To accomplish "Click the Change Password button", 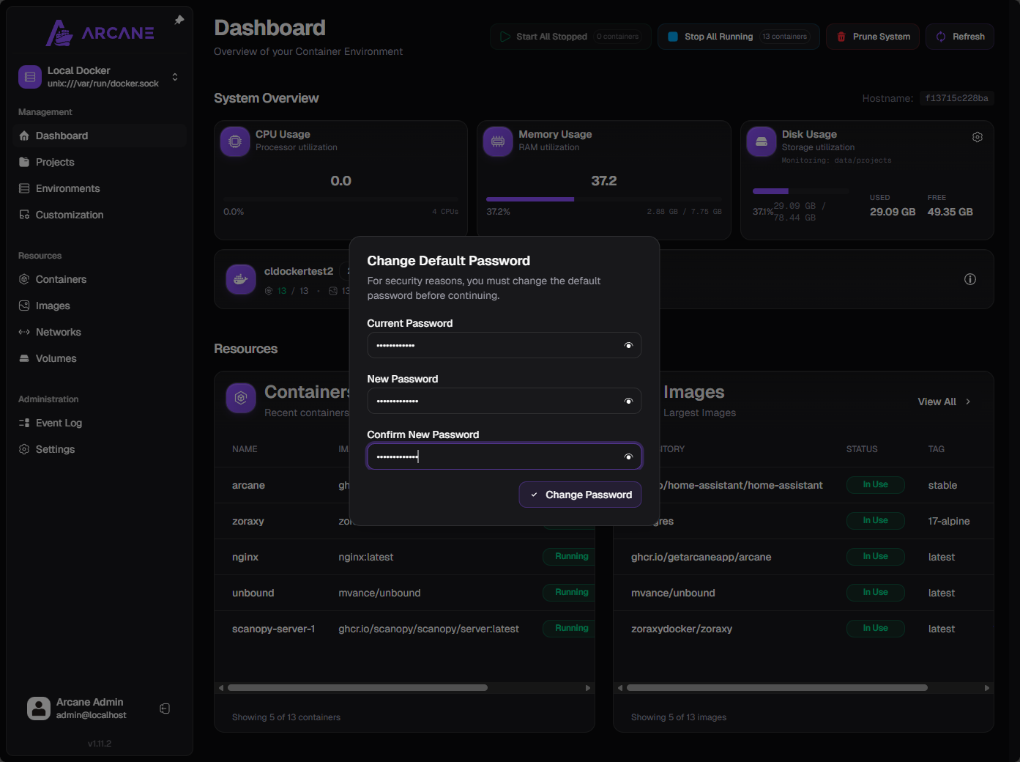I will (580, 495).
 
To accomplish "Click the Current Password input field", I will (494, 345).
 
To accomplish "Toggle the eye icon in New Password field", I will (628, 401).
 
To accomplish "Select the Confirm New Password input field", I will (494, 456).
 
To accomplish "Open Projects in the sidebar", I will (55, 162).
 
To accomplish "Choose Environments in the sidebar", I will (67, 188).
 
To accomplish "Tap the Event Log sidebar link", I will (59, 423).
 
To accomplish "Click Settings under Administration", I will (55, 449).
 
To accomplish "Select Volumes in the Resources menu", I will (56, 358).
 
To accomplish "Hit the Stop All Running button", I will (738, 37).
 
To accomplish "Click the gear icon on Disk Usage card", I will (977, 137).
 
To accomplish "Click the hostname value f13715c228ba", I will (956, 98).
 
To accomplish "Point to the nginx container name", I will (245, 557).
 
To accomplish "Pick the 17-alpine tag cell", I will (948, 521).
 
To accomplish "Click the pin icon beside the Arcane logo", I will (179, 21).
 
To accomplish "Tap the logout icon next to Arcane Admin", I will (165, 709).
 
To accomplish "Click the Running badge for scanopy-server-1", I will (571, 628).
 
